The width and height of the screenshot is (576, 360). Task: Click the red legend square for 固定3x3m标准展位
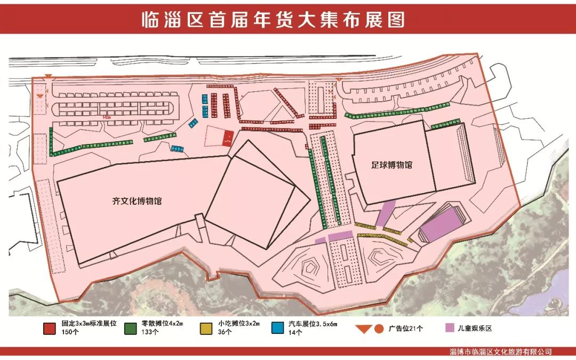[50, 328]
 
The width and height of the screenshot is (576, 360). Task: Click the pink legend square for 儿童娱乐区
[451, 328]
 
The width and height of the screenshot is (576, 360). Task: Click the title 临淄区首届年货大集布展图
[273, 20]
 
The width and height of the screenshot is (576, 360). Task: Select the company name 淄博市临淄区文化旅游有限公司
[501, 352]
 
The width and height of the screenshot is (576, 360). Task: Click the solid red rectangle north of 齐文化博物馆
[228, 138]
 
